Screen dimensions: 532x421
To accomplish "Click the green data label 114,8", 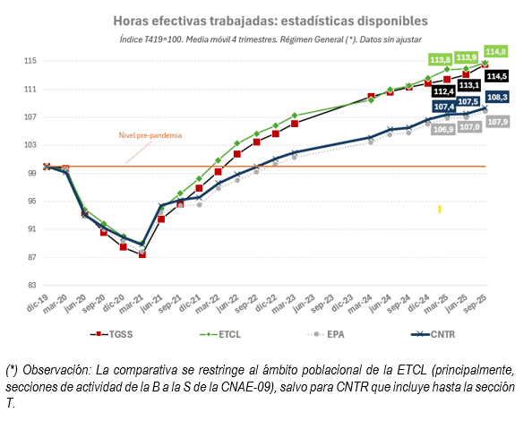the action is (x=495, y=52).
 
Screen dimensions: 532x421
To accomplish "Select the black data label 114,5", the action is (x=497, y=76).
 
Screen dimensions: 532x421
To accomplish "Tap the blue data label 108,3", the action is (x=497, y=98).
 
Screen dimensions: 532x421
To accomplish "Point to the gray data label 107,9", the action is (x=498, y=122).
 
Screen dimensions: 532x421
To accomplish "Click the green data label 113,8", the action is (x=440, y=60).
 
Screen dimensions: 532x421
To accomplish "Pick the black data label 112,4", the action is (x=443, y=91).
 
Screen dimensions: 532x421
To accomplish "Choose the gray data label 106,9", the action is (x=443, y=129).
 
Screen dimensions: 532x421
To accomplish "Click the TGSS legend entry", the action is (x=112, y=334).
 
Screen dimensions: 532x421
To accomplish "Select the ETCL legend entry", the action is (x=220, y=334).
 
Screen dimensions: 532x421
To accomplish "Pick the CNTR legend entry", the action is (x=433, y=334).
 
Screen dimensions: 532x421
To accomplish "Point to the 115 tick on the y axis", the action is (x=30, y=61).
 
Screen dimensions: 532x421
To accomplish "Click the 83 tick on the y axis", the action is (x=32, y=286).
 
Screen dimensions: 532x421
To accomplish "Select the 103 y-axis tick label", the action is (x=30, y=145).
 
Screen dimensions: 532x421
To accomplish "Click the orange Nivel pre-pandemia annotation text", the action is (x=150, y=135).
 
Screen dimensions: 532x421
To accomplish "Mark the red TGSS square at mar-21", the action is (x=142, y=254).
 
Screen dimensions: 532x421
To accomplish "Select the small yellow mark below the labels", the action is (x=440, y=210).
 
